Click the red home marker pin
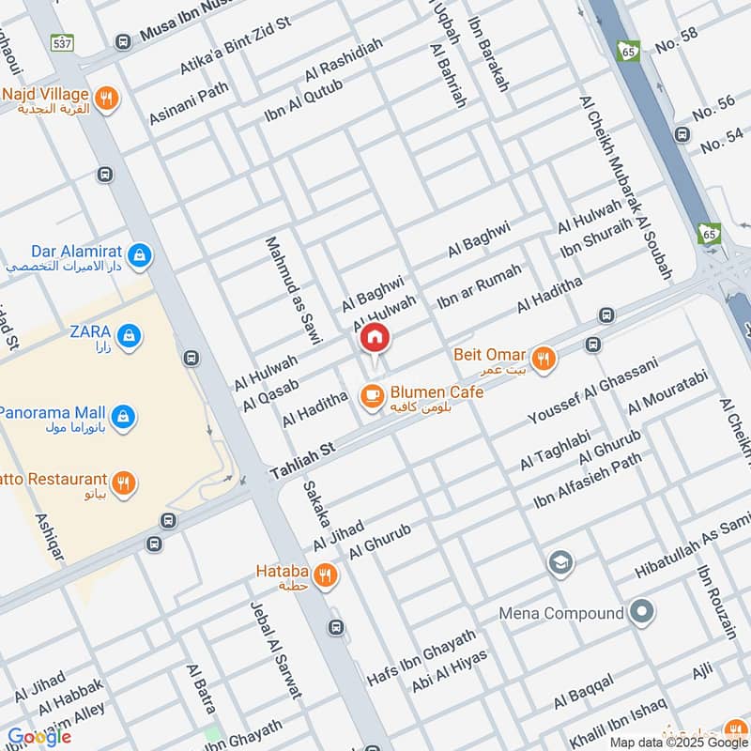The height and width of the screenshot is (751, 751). tap(375, 338)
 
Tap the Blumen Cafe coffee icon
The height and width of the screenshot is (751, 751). tap(372, 396)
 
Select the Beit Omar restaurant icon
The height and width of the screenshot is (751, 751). tap(543, 358)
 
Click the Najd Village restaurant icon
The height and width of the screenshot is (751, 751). tap(108, 98)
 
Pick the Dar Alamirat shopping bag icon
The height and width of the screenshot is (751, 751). tap(139, 255)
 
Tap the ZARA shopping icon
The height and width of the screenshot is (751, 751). tap(130, 334)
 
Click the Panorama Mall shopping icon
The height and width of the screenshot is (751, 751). tap(122, 415)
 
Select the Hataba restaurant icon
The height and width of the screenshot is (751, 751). tap(325, 575)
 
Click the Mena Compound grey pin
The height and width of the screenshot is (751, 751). tap(642, 613)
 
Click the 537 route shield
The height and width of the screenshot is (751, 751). tap(63, 42)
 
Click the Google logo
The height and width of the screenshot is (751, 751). tap(38, 737)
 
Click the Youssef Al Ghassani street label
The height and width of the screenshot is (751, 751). tap(593, 390)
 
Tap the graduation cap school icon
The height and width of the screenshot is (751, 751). tap(561, 564)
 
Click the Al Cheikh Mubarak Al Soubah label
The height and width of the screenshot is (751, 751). tap(626, 188)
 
